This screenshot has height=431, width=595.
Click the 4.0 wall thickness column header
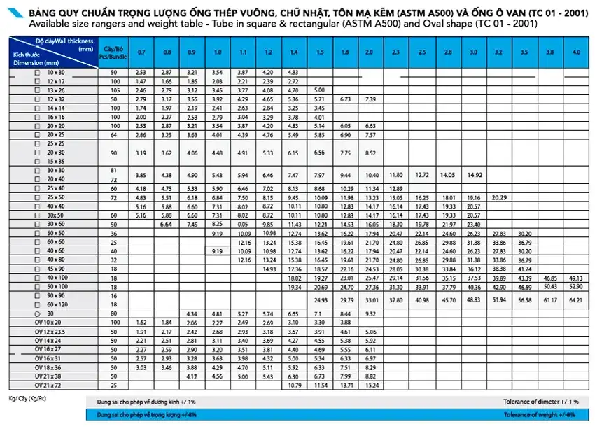coord(575,52)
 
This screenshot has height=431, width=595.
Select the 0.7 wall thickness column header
coord(141,52)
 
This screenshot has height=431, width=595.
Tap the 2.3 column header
coord(395,52)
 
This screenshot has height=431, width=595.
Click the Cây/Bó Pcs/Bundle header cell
coord(109,52)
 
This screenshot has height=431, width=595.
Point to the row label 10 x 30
coord(55,72)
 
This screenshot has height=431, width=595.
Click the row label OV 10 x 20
coord(55,322)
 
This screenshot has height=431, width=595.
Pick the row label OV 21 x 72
coord(55,385)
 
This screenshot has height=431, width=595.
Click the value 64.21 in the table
coord(575,300)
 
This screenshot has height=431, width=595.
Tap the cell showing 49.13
coord(575,278)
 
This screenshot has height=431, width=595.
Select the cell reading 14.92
coord(473,175)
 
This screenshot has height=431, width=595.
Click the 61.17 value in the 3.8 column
coord(549,300)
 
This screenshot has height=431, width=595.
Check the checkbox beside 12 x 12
coord(38,81)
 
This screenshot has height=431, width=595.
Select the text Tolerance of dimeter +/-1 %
coord(541,402)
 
